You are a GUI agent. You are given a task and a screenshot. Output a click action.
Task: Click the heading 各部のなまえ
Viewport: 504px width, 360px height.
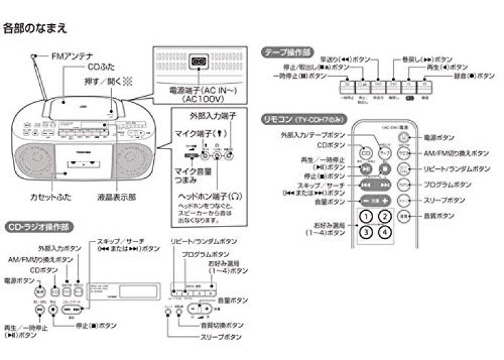[x=35, y=28]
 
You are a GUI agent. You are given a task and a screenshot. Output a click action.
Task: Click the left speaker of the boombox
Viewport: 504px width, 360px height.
[x=31, y=162]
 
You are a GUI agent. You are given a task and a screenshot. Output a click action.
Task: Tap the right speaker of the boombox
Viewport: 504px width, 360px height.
[x=134, y=162]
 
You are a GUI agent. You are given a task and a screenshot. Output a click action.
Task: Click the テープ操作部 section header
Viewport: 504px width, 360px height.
[x=287, y=52]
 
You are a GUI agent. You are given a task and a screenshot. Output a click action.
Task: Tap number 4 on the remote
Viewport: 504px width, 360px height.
[x=386, y=231]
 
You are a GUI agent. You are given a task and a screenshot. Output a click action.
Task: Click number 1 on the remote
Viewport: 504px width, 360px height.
[x=367, y=217]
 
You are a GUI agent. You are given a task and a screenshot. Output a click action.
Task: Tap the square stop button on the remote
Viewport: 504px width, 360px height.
[x=386, y=167]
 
